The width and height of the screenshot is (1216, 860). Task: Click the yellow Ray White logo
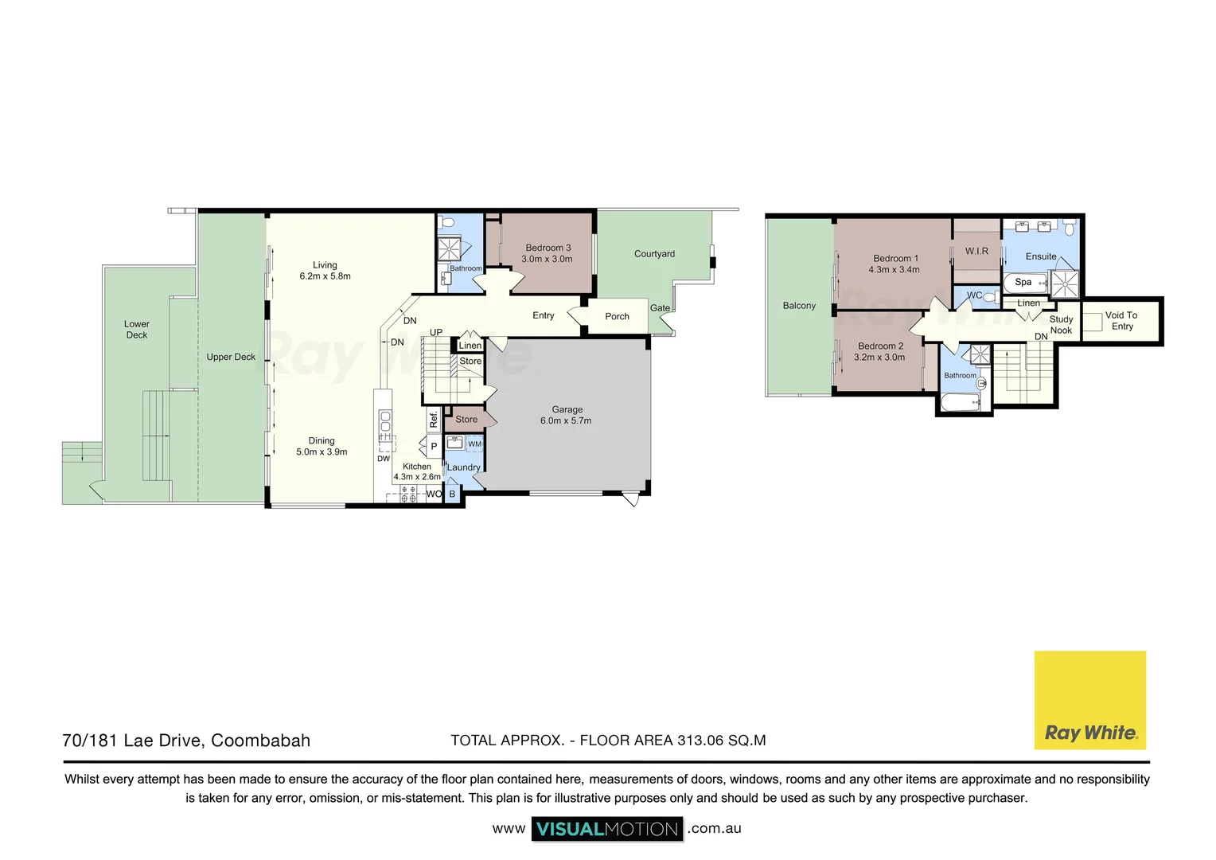pyautogui.click(x=1089, y=700)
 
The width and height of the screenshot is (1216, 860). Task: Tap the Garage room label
pyautogui.click(x=567, y=410)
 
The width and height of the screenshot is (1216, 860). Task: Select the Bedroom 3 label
pyautogui.click(x=548, y=248)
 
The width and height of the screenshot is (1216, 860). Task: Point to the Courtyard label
pyautogui.click(x=654, y=254)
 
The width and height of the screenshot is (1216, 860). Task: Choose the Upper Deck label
pyautogui.click(x=231, y=357)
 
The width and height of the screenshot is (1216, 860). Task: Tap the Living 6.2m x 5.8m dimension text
pyautogui.click(x=325, y=276)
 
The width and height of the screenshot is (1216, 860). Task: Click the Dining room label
pyautogui.click(x=322, y=441)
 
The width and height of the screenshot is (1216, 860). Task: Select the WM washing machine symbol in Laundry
pyautogui.click(x=474, y=444)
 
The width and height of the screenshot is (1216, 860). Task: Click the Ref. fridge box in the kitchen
pyautogui.click(x=434, y=419)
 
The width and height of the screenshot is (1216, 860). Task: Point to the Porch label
pyautogui.click(x=617, y=316)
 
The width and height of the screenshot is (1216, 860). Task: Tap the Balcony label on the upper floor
pyautogui.click(x=799, y=306)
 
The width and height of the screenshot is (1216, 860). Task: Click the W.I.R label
pyautogui.click(x=976, y=251)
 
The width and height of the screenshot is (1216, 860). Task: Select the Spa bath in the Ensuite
pyautogui.click(x=1024, y=282)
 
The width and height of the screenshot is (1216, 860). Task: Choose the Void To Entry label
pyautogui.click(x=1121, y=321)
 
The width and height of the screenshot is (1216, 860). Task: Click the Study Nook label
pyautogui.click(x=1061, y=325)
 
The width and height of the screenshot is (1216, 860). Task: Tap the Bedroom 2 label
pyautogui.click(x=880, y=346)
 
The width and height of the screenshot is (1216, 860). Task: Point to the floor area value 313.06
pyautogui.click(x=700, y=741)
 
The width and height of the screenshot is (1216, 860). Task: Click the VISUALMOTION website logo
pyautogui.click(x=607, y=829)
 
